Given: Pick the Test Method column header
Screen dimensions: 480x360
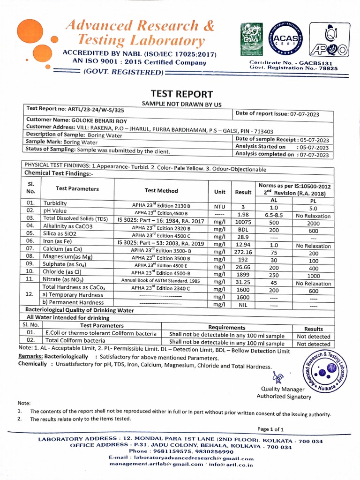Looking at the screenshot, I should [x=161, y=191].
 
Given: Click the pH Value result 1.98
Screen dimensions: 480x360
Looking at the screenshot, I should [x=243, y=214].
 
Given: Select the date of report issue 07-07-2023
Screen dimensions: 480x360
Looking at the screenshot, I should [x=310, y=113].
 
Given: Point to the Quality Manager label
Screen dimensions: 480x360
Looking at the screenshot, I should [x=283, y=389].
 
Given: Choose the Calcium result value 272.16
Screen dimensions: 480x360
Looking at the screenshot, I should [x=243, y=252].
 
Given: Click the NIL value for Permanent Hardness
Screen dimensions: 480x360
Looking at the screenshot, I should [x=243, y=305].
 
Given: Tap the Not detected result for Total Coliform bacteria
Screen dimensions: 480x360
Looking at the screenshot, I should [x=313, y=344].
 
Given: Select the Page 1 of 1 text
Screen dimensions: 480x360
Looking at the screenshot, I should [x=270, y=429].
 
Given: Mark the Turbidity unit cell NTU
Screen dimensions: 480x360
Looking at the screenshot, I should [x=220, y=207].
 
